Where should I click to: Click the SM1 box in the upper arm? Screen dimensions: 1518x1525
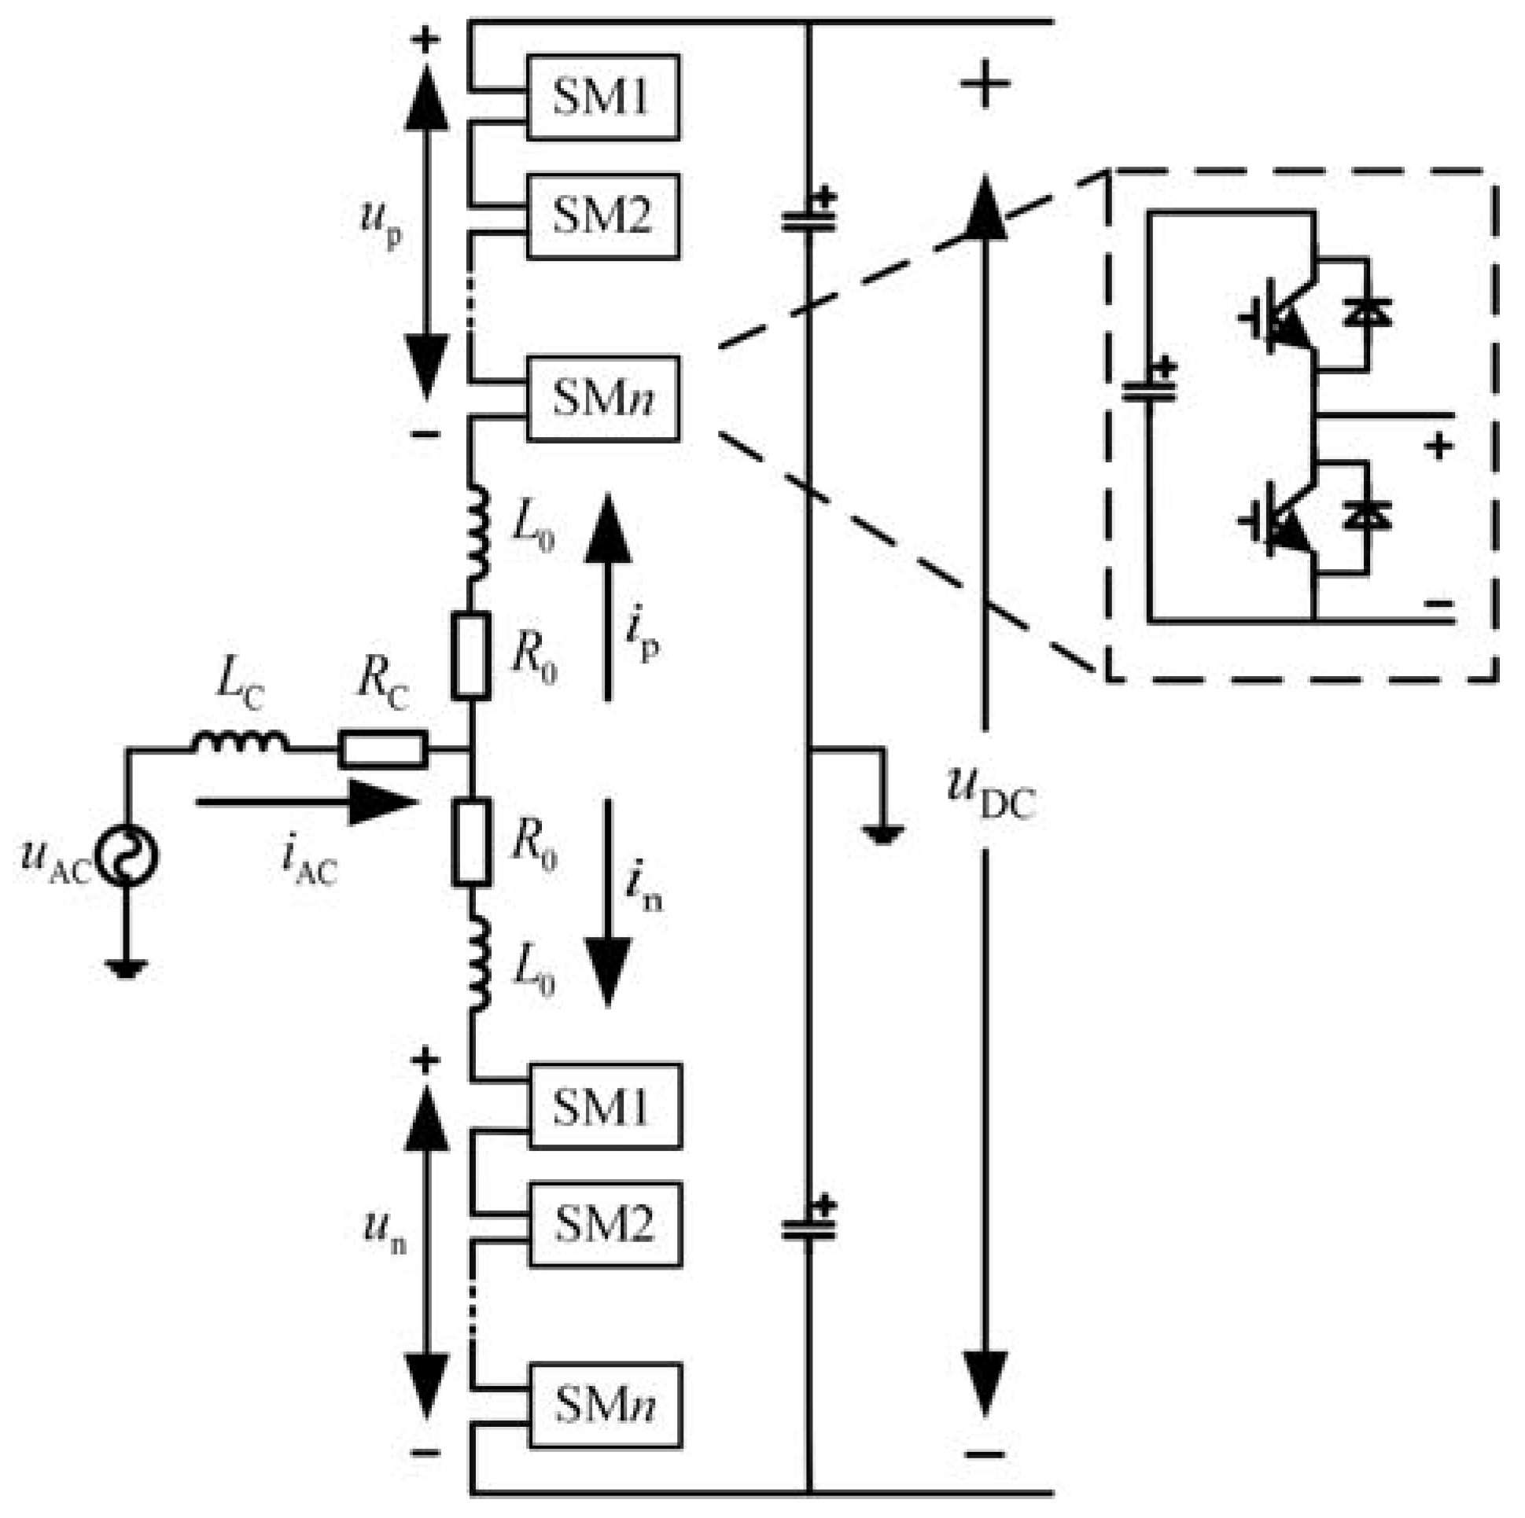point(603,97)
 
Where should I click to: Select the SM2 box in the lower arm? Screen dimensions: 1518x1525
point(606,1224)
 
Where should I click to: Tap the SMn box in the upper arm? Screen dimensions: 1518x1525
point(603,399)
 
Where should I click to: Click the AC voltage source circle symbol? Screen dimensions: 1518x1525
point(127,856)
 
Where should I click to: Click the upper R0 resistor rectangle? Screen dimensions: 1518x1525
point(472,656)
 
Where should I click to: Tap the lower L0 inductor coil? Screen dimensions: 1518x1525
point(478,963)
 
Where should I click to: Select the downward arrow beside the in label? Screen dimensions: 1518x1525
point(608,903)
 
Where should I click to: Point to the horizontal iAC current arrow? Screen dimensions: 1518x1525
point(308,803)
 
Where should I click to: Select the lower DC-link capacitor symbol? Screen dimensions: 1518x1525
point(809,1229)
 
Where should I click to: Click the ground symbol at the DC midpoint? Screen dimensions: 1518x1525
point(883,833)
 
